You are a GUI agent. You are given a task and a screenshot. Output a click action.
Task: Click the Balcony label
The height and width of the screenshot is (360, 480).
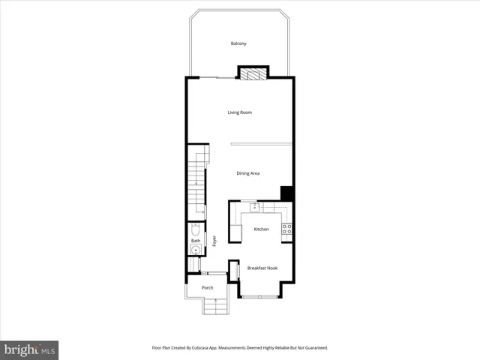[238, 43]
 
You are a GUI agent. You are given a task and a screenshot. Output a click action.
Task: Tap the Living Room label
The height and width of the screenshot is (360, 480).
[240, 112]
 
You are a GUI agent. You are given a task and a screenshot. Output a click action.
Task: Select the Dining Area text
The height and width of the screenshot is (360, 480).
[248, 173]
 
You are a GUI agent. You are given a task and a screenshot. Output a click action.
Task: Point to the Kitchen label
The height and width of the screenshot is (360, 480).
[261, 229]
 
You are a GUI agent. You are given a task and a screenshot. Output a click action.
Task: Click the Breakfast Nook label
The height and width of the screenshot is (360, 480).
[262, 268]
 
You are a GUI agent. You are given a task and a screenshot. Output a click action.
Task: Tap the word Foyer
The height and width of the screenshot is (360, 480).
[214, 241]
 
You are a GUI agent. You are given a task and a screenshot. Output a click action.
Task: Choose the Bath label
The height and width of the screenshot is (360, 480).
[195, 241]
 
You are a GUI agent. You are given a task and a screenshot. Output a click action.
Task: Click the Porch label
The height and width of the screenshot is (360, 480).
[208, 287]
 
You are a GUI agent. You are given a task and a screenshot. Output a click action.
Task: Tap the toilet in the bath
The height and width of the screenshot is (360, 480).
[195, 229]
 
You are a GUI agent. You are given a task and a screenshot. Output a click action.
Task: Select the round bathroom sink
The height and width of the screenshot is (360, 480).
[195, 250]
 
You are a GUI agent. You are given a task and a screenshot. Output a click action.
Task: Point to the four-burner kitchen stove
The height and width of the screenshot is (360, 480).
[286, 228]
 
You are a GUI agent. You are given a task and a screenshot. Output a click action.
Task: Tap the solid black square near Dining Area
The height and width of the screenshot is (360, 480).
[286, 193]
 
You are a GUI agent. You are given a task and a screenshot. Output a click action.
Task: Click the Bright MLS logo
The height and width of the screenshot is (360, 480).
[29, 349]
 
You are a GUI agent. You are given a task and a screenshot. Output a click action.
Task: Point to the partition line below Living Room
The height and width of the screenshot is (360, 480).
[260, 143]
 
